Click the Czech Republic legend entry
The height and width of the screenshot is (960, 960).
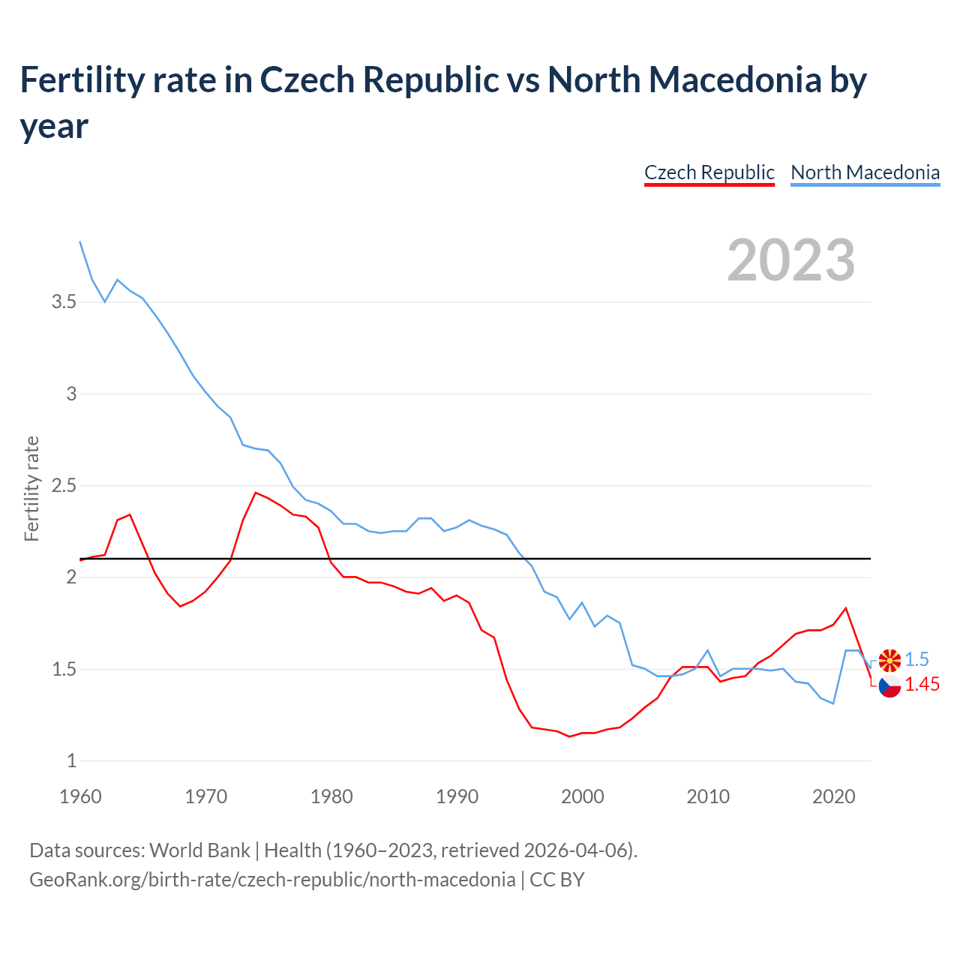coord(709,172)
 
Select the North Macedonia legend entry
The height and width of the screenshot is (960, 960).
coord(865,172)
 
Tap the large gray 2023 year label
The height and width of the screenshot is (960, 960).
coord(790,260)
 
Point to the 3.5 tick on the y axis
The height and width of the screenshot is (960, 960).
coord(64,302)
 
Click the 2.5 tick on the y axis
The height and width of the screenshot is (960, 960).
coord(64,486)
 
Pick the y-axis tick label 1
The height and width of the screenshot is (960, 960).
coord(72,761)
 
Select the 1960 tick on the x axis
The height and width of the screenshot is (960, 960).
coord(80,796)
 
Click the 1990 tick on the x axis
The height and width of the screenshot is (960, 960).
coord(457,796)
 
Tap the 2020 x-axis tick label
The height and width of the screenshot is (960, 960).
coord(833,796)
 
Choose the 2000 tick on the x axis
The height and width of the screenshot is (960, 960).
coord(582,796)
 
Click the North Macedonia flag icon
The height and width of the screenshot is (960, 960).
coord(889,660)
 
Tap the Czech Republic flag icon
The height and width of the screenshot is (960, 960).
coord(889,685)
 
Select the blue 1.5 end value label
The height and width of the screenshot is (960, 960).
coord(916,659)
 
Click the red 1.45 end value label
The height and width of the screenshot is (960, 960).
coord(922,684)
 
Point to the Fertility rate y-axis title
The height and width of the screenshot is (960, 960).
coord(31,488)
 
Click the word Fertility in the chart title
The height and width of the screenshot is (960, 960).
coord(80,79)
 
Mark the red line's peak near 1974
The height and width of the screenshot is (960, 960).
coord(256,493)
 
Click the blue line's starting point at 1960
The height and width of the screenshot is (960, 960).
coord(80,242)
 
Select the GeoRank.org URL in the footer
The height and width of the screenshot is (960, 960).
coord(272,879)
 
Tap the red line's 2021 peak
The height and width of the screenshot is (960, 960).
coord(846,608)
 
